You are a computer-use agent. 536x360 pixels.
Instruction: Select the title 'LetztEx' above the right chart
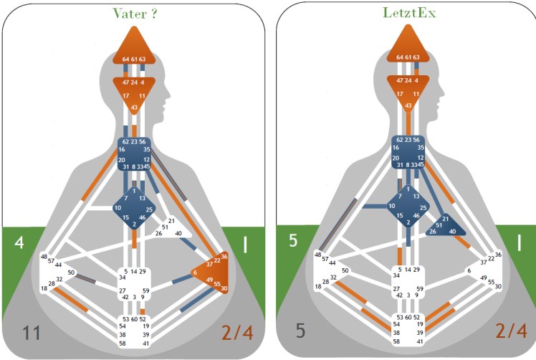[x=405, y=13]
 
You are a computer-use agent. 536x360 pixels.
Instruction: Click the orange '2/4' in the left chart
[x=236, y=333]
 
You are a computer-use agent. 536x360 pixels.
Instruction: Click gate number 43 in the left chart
[x=133, y=108]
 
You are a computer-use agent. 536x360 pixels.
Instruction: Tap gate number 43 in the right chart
[x=407, y=105]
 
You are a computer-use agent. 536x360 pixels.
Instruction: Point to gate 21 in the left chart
[x=171, y=221]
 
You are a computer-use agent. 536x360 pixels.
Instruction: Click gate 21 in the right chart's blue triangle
[x=445, y=218]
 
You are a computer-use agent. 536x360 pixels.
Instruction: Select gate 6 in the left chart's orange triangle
[x=194, y=273]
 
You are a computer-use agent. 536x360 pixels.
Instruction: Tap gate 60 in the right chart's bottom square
[x=407, y=316]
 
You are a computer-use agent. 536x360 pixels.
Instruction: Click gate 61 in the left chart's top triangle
[x=133, y=59]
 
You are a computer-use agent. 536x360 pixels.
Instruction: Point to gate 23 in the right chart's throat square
[x=407, y=141]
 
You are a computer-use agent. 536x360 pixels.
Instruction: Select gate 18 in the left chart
[x=44, y=288]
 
